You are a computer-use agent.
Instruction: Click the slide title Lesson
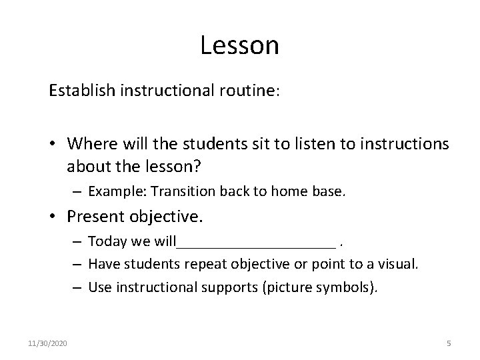[239, 45]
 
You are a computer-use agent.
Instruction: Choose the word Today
[103, 241]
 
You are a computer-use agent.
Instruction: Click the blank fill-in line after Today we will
[256, 243]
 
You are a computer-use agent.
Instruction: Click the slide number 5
[449, 344]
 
